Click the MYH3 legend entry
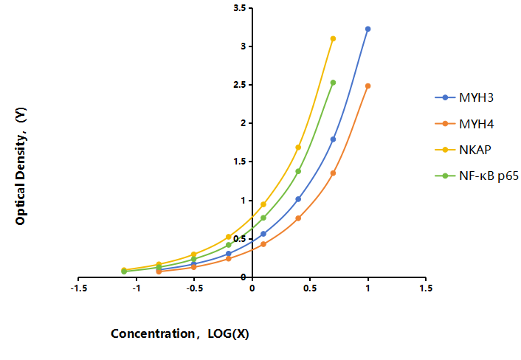[x=464, y=97]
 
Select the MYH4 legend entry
[x=464, y=124]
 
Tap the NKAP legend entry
[x=463, y=150]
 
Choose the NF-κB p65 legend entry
[x=477, y=176]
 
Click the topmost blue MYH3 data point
[x=368, y=29]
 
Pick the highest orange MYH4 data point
[x=368, y=86]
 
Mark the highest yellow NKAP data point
[x=333, y=38]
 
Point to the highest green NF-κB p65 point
[x=333, y=83]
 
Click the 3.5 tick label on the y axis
[x=240, y=8]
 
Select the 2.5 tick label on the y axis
[x=240, y=85]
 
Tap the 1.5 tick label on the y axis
[x=240, y=162]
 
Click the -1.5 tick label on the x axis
[x=79, y=288]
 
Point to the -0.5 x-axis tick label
[x=194, y=288]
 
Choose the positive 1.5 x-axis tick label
[x=426, y=288]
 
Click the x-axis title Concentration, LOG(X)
[x=180, y=333]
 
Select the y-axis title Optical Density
[x=21, y=166]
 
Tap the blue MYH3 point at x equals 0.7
[x=333, y=139]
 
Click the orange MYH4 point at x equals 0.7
[x=333, y=173]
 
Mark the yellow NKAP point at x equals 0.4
[x=298, y=147]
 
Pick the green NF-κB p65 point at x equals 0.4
[x=298, y=171]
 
